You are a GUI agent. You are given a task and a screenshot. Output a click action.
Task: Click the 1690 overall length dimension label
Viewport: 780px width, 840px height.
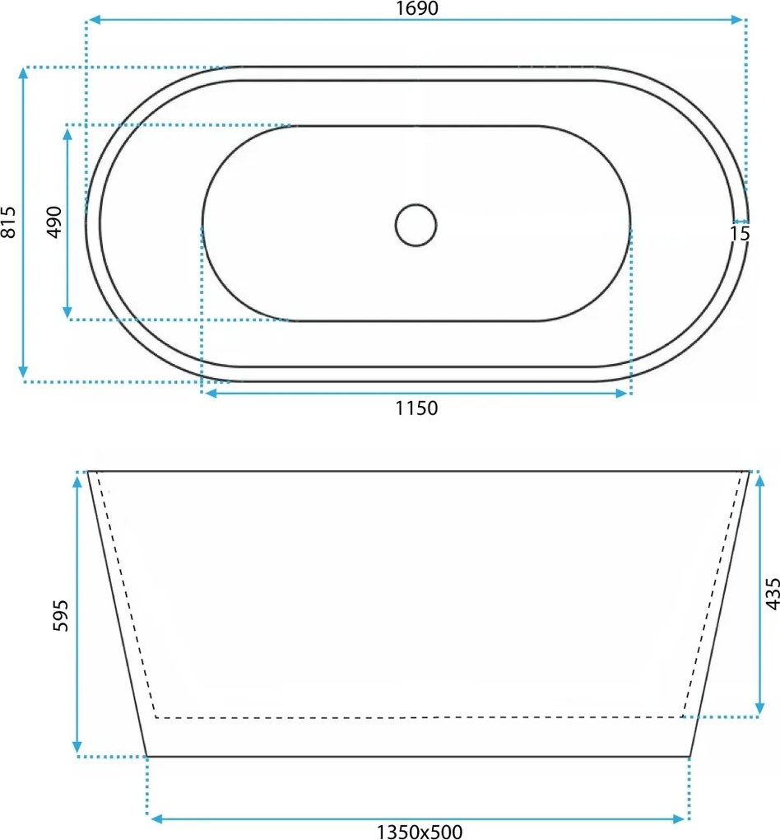[x=416, y=8]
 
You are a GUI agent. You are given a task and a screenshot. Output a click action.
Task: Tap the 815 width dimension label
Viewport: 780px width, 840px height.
[x=8, y=222]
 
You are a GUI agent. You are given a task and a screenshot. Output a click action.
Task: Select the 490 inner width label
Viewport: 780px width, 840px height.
[x=54, y=222]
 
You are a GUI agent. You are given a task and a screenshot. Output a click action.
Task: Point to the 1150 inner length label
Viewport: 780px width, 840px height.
[x=416, y=408]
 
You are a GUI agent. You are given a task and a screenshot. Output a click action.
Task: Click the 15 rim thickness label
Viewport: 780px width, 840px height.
[x=740, y=234]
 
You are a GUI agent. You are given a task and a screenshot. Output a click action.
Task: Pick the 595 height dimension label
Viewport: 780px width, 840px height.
[x=61, y=615]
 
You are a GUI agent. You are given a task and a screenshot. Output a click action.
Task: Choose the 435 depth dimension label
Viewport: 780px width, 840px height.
[x=772, y=594]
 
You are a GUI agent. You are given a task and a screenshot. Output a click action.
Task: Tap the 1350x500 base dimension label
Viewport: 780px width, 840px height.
[x=419, y=832]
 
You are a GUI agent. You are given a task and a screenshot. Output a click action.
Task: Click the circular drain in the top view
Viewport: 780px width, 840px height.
[x=416, y=225]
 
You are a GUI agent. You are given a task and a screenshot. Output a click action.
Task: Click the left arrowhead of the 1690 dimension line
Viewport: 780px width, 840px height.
[x=95, y=20]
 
